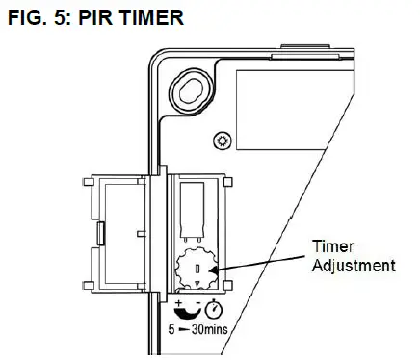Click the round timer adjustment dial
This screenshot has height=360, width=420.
click(x=196, y=269)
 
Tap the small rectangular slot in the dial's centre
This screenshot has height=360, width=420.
click(x=196, y=267)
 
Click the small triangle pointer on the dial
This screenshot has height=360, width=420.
click(x=196, y=283)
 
